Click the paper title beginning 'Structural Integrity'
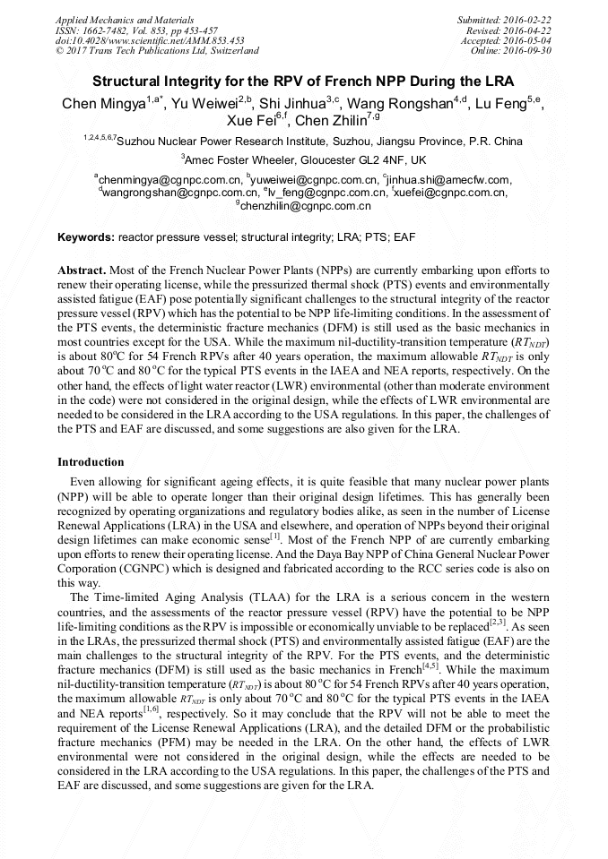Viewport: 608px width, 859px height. pyautogui.click(x=303, y=80)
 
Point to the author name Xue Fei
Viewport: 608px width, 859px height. pyautogui.click(x=251, y=121)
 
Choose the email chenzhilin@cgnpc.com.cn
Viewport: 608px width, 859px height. pyautogui.click(x=305, y=205)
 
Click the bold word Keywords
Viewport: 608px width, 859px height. pyautogui.click(x=86, y=237)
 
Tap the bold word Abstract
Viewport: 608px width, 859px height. pyautogui.click(x=82, y=270)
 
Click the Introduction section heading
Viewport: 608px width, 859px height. pyautogui.click(x=91, y=462)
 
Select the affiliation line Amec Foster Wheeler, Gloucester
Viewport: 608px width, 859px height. pyautogui.click(x=305, y=159)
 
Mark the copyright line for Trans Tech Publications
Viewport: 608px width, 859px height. pyautogui.click(x=157, y=51)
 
